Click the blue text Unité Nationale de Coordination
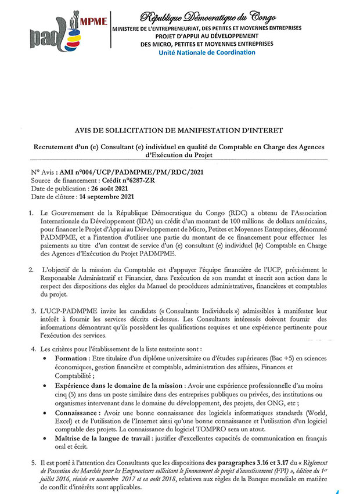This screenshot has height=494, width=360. point(207,52)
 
